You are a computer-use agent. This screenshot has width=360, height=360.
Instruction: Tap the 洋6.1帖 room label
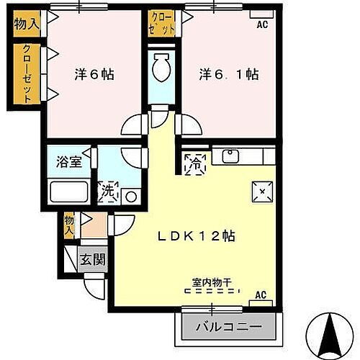[229, 75]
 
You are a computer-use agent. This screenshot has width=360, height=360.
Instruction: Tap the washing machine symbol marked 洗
[109, 192]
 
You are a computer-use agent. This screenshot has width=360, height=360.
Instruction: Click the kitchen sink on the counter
[231, 154]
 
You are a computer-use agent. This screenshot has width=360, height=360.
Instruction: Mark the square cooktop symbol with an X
[261, 192]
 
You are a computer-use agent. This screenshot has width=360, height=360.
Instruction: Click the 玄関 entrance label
[94, 258]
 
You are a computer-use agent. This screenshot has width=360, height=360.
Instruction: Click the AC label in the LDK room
[261, 294]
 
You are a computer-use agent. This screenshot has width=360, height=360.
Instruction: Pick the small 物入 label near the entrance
[70, 225]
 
